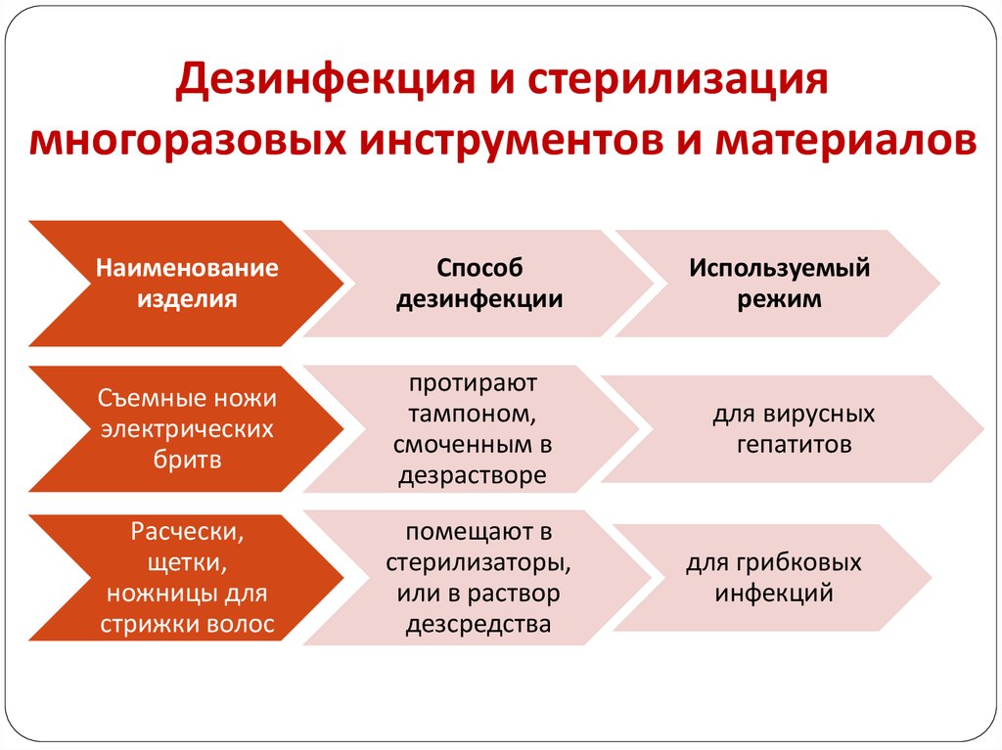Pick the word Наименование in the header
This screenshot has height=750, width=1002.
click(186, 267)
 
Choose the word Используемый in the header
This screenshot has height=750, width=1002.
click(779, 267)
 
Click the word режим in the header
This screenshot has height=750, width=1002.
click(779, 300)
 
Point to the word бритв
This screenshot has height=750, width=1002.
click(186, 461)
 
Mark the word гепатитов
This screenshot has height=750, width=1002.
click(793, 445)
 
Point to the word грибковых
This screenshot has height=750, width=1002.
click(813, 562)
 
